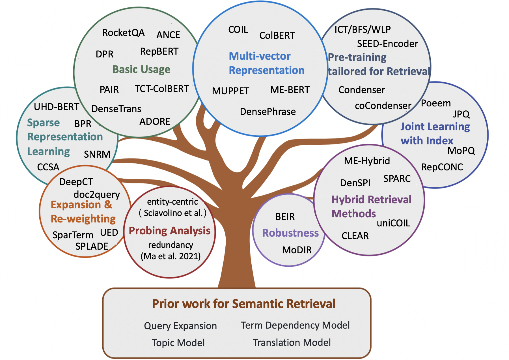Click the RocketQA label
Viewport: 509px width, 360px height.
click(123, 33)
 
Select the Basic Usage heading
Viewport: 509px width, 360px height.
click(141, 69)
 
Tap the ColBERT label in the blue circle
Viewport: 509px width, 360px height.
click(277, 36)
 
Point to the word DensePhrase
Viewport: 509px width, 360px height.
click(268, 112)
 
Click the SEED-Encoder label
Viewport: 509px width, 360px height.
click(387, 44)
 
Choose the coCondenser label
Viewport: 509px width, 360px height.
click(383, 106)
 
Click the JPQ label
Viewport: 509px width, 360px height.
click(461, 114)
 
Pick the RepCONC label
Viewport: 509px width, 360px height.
click(442, 167)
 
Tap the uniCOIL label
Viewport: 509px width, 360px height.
click(393, 223)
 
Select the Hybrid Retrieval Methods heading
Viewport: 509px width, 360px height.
click(371, 207)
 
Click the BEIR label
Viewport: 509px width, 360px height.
click(285, 217)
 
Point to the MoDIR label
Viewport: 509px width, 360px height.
click(297, 250)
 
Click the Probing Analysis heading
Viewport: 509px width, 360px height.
click(170, 231)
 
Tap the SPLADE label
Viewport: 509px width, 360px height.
click(92, 247)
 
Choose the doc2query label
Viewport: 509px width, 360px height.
click(97, 195)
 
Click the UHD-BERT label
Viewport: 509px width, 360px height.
click(57, 107)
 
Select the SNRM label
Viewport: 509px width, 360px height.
click(97, 155)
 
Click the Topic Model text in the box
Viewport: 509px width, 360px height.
click(178, 343)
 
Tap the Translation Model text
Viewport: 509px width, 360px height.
click(292, 343)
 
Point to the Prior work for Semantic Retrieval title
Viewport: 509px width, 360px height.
click(243, 304)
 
